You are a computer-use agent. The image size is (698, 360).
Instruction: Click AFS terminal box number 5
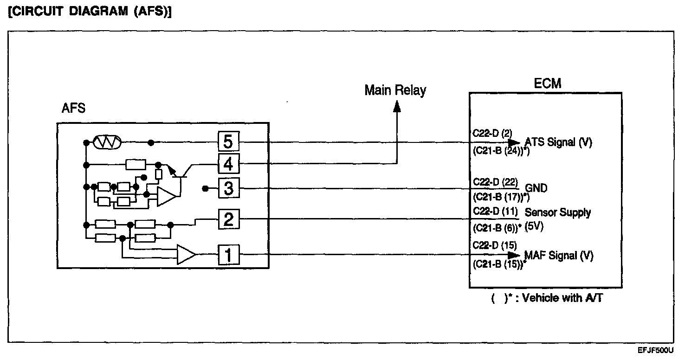(228, 141)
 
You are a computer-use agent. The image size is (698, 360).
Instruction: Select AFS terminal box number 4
(228, 163)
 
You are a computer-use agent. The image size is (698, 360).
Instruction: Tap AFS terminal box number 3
(228, 188)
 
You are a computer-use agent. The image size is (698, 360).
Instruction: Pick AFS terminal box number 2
(228, 219)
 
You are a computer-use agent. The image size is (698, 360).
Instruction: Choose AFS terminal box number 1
(228, 255)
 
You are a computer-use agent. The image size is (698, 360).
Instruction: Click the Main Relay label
(395, 90)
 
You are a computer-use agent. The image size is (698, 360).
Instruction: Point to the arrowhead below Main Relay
(397, 106)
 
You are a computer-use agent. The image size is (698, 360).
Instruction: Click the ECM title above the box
(548, 83)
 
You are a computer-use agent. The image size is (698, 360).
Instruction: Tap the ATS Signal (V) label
(558, 142)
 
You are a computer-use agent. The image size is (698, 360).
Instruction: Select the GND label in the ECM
(536, 188)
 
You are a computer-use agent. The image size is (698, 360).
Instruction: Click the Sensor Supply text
(558, 212)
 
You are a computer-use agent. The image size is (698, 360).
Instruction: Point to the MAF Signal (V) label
(559, 255)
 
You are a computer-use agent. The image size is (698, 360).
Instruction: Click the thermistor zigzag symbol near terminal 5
(107, 142)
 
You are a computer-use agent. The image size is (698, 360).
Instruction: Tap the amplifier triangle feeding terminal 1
(187, 254)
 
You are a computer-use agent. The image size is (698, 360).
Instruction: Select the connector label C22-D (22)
(495, 182)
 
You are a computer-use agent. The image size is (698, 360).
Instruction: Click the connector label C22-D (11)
(495, 212)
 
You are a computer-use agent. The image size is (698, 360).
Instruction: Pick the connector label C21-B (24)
(501, 151)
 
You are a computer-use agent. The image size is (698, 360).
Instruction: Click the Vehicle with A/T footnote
(547, 298)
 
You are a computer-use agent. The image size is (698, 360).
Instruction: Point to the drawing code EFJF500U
(656, 350)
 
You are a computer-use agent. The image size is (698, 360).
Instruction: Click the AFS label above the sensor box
(73, 108)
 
